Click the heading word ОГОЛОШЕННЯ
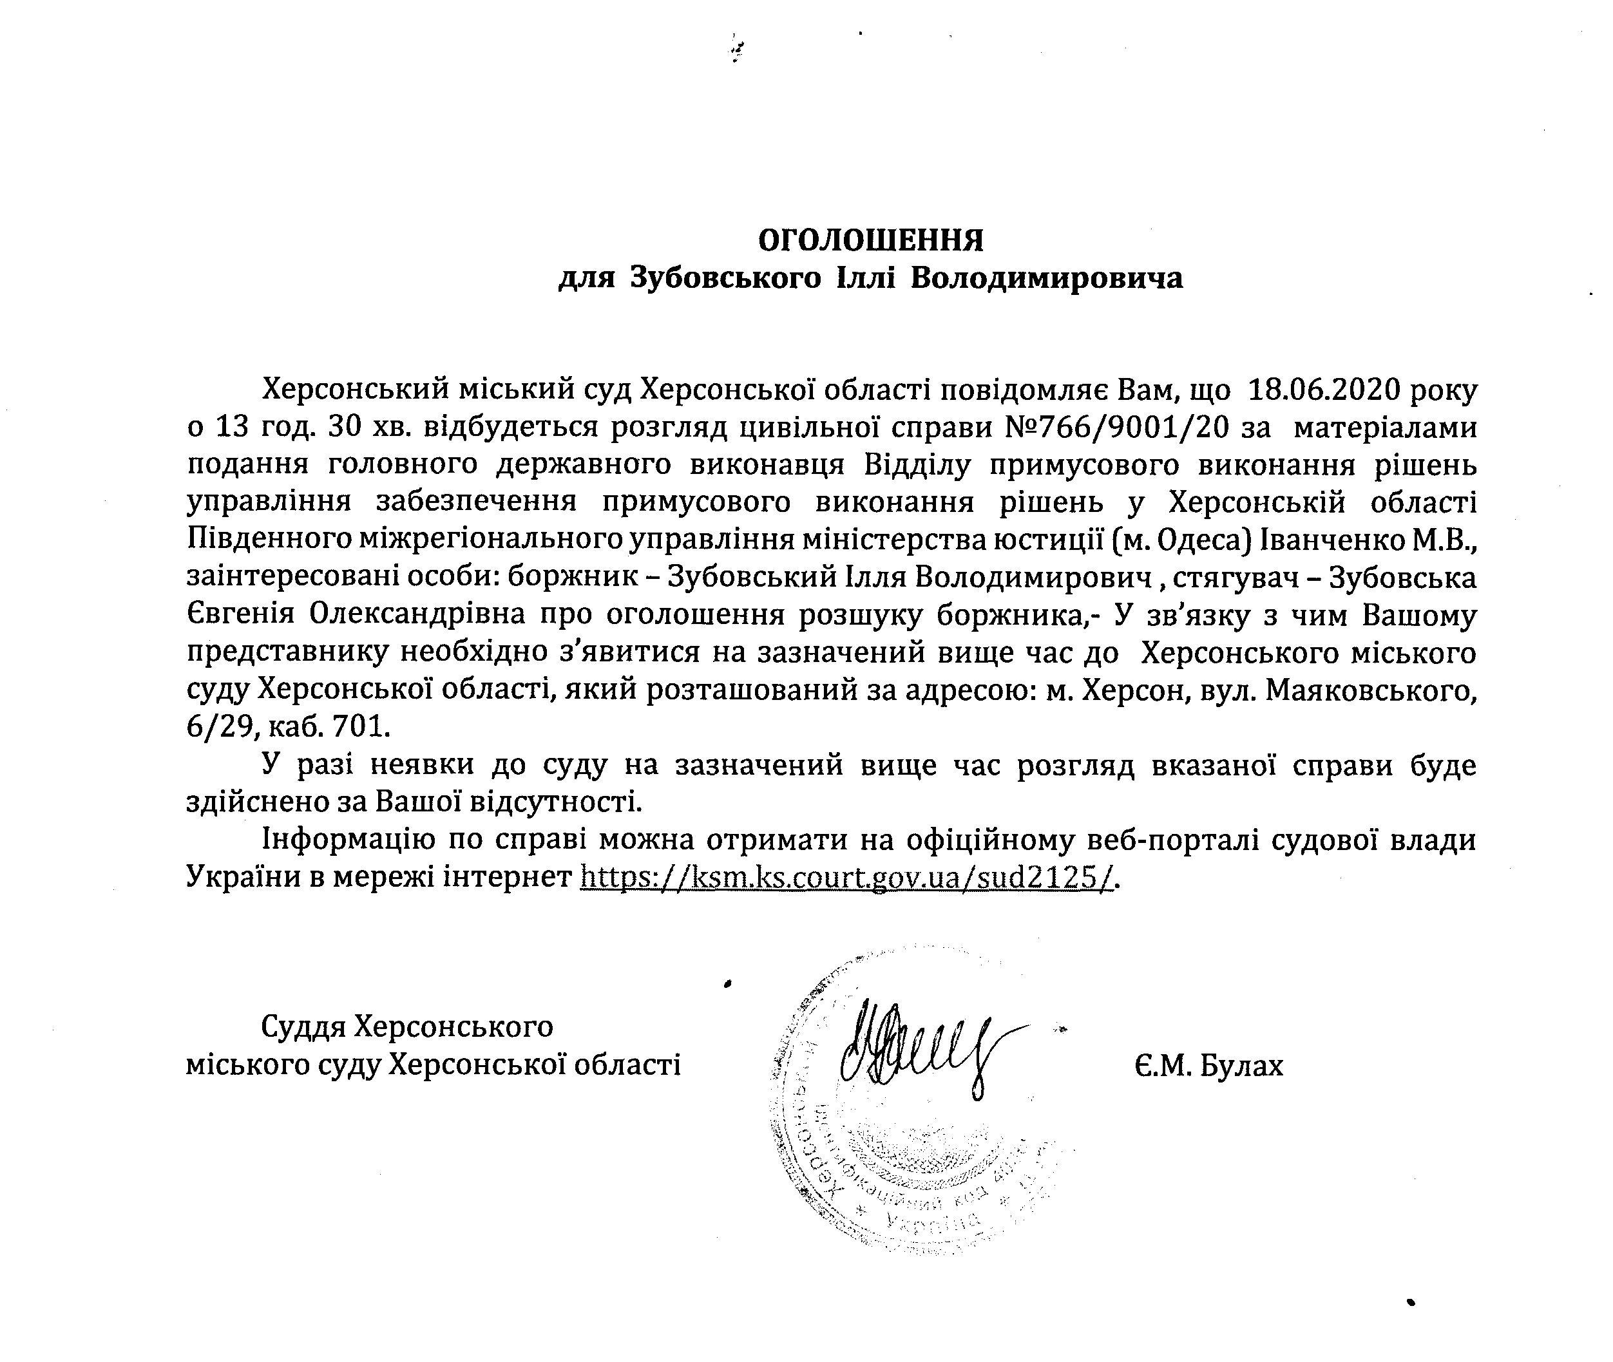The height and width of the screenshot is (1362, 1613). (x=870, y=241)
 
